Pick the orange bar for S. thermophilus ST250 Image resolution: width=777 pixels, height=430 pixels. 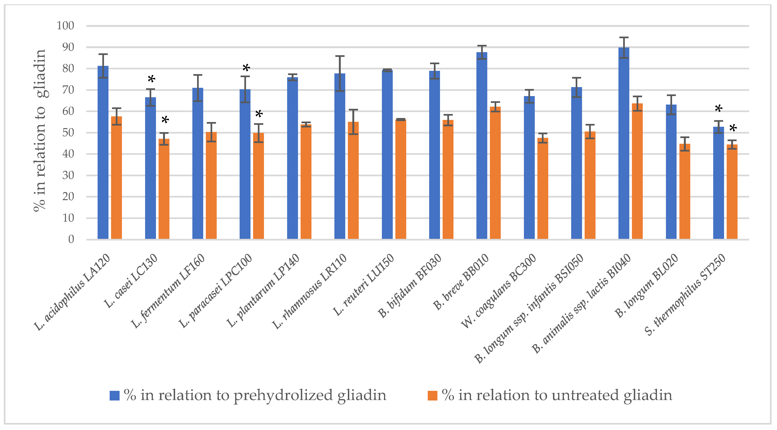[x=732, y=193]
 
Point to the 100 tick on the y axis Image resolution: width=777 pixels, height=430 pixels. [x=65, y=26]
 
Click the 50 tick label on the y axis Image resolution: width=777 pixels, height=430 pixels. [x=68, y=133]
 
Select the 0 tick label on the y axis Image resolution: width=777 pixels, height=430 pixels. [x=71, y=239]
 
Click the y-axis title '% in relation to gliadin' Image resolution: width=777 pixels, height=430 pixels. [x=40, y=131]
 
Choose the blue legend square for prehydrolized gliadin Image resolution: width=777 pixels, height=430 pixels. [x=114, y=395]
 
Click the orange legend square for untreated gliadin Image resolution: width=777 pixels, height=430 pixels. [x=432, y=395]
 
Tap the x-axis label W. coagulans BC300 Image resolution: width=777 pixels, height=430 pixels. [x=499, y=291]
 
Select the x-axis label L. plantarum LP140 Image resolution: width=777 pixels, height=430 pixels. [x=263, y=291]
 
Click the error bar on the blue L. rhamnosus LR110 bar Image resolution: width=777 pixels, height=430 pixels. [x=340, y=74]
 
